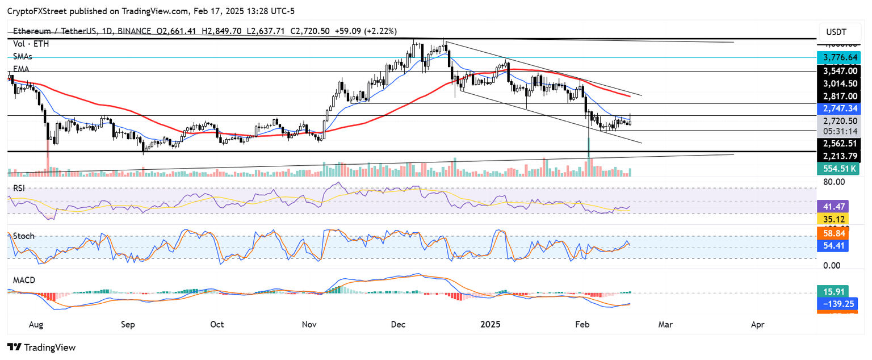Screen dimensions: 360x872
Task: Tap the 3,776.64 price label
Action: pos(838,57)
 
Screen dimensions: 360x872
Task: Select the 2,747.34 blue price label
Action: pos(838,107)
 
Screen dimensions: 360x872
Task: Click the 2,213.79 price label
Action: pos(838,155)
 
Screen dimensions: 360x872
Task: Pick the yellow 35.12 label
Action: pos(832,219)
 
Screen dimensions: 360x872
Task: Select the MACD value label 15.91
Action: pos(832,292)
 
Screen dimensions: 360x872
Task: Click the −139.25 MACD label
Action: pos(838,304)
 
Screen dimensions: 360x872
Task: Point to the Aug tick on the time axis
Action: pos(35,325)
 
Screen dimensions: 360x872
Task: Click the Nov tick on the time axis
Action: pos(308,325)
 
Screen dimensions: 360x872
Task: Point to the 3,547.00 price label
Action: pos(838,72)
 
